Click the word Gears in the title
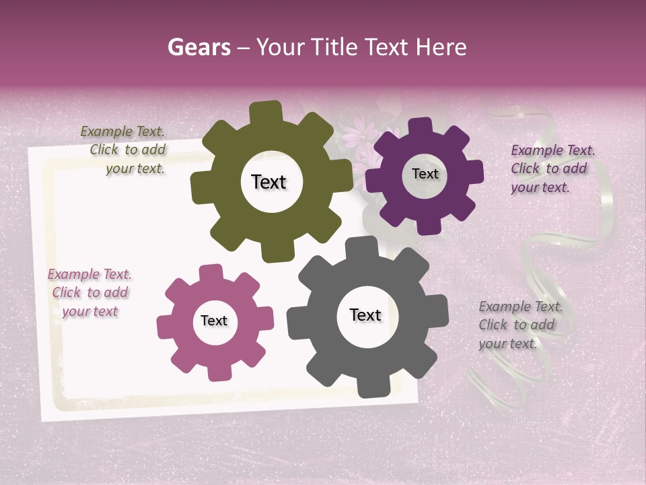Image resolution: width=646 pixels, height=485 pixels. click(x=199, y=47)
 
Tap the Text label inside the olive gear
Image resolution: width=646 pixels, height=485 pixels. click(x=268, y=182)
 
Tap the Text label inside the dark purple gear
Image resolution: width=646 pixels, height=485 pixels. click(x=425, y=174)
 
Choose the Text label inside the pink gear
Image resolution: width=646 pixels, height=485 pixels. click(x=214, y=321)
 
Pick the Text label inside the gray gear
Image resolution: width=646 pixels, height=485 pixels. click(x=365, y=315)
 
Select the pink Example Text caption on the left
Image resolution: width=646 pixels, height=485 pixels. click(x=89, y=293)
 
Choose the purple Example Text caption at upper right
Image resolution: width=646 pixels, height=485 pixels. click(x=552, y=169)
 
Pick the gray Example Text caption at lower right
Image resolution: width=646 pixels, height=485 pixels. click(x=519, y=325)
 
